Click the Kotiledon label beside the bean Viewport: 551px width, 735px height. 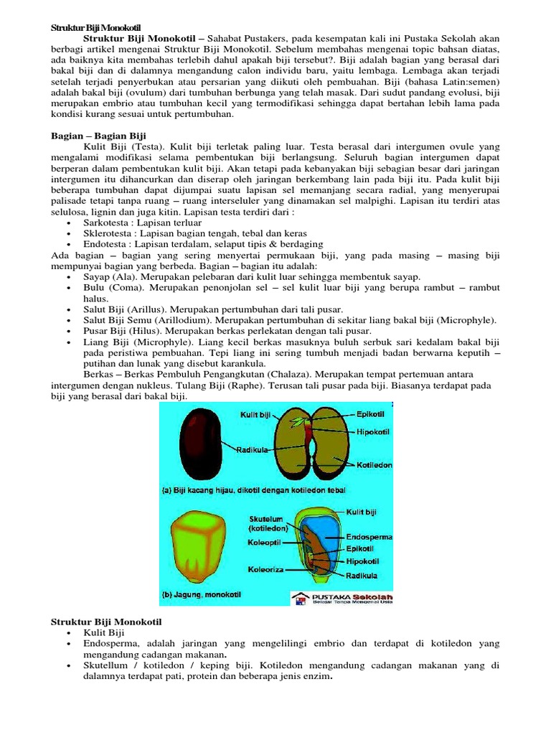(375, 465)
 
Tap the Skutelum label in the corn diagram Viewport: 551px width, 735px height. (268, 522)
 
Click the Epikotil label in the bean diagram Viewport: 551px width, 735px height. (372, 414)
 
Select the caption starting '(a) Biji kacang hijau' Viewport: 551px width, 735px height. (253, 491)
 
